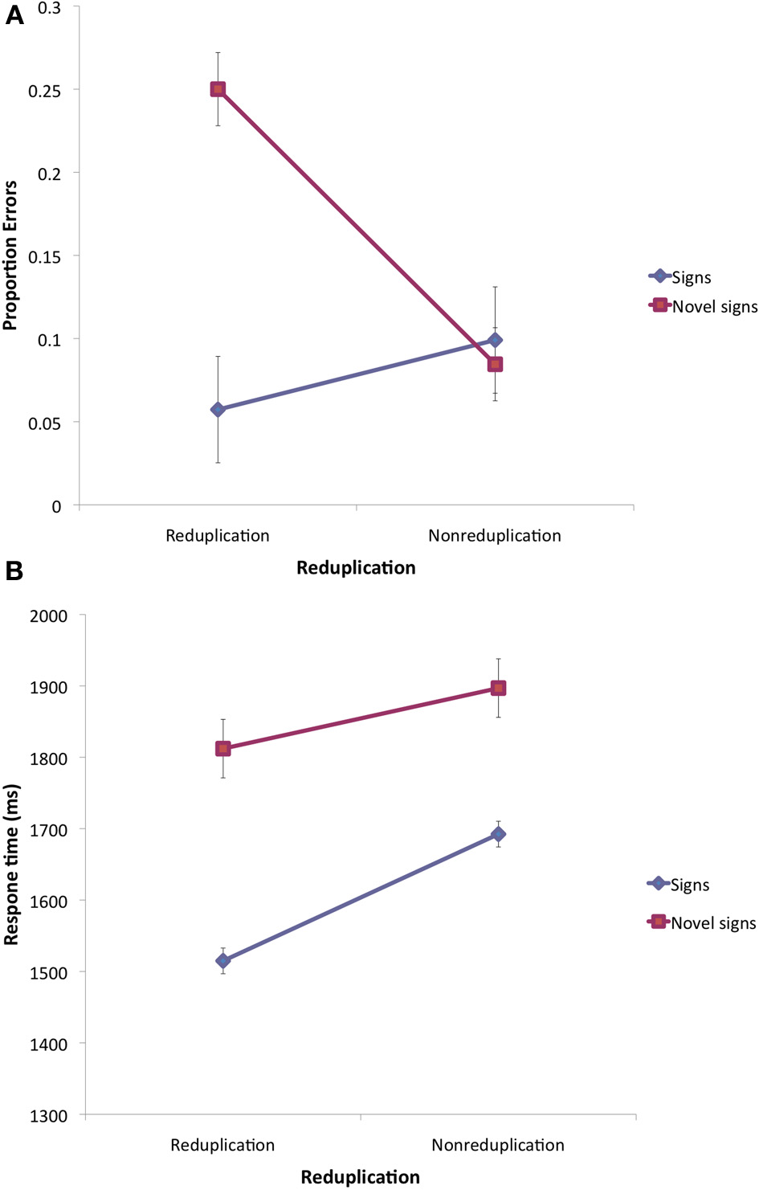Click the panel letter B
14,570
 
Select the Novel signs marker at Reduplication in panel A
218,89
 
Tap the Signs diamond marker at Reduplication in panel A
218,410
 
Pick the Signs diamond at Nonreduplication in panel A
495,341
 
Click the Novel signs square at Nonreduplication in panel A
495,365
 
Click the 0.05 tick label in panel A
44,423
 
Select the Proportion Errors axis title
10,256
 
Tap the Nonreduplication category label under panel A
494,536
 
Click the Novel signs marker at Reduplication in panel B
223,749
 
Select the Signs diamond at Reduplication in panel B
223,961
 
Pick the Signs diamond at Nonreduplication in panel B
498,835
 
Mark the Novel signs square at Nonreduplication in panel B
498,688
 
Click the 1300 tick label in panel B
48,1116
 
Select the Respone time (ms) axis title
11,864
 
